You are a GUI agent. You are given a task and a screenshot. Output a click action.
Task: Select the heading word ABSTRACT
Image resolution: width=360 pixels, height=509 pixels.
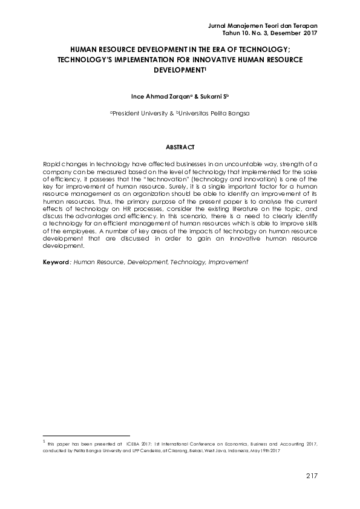tap(180, 147)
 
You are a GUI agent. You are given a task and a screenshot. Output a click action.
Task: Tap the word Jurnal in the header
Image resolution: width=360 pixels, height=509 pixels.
tap(218, 25)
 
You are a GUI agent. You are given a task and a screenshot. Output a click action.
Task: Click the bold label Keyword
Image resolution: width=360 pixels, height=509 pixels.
tap(56, 262)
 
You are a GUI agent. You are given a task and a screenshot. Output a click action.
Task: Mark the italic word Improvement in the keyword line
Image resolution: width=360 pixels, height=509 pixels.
tap(227, 262)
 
